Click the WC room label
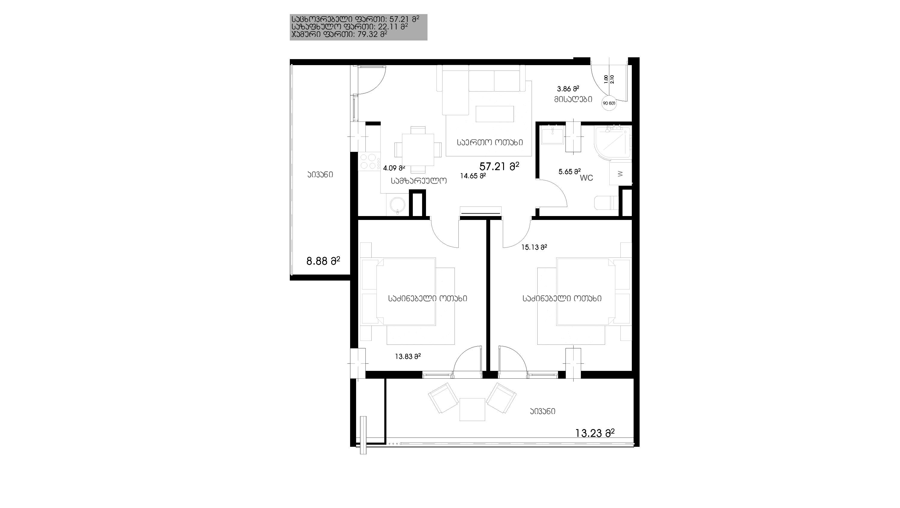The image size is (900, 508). pos(586,178)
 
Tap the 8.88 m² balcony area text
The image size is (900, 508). pos(323,261)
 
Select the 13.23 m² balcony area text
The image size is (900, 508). pos(595,433)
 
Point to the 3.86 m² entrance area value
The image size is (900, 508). pos(568,89)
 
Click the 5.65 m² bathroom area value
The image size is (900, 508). pos(569,172)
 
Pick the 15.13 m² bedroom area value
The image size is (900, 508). pos(534,247)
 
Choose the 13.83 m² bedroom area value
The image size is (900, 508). pos(408,357)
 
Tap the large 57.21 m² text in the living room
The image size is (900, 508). pos(499,166)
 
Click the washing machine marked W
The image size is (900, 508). pos(620,173)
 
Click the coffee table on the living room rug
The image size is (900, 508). pos(495,114)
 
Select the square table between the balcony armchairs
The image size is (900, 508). pos(472,410)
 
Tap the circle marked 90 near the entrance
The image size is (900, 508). pos(609,103)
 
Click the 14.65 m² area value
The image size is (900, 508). pos(473,176)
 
